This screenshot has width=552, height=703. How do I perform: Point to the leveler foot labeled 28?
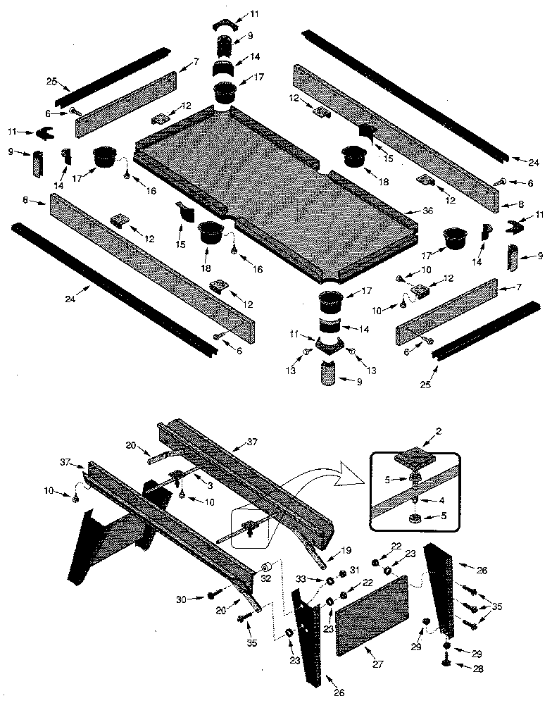tap(446, 661)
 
